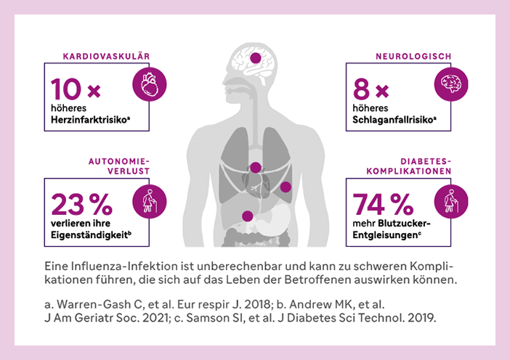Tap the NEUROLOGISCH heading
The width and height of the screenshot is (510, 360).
click(413, 56)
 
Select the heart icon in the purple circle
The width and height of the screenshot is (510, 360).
click(150, 84)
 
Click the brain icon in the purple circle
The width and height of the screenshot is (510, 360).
click(451, 84)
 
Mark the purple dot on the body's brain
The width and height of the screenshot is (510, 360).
click(255, 57)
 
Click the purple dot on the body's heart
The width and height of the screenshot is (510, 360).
click(256, 168)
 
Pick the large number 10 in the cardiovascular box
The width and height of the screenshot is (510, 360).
click(65, 90)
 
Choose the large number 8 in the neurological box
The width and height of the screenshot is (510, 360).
click(361, 90)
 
